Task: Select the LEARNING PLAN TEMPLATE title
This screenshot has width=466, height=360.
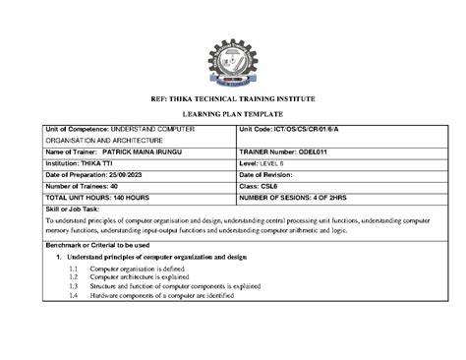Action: click(232, 113)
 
